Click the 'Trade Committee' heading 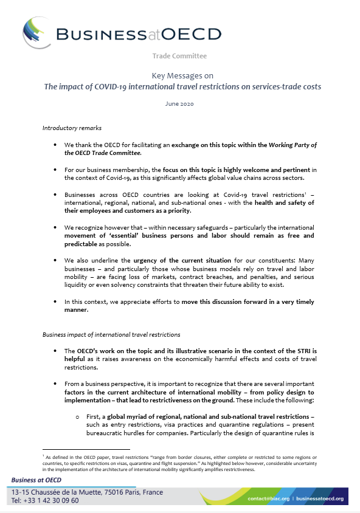[x=180, y=56]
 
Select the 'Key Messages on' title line [x=180, y=75]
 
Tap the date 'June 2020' [x=179, y=104]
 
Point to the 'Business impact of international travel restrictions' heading [x=103, y=334]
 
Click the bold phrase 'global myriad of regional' [x=150, y=413]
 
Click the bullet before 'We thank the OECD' [x=55, y=145]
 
